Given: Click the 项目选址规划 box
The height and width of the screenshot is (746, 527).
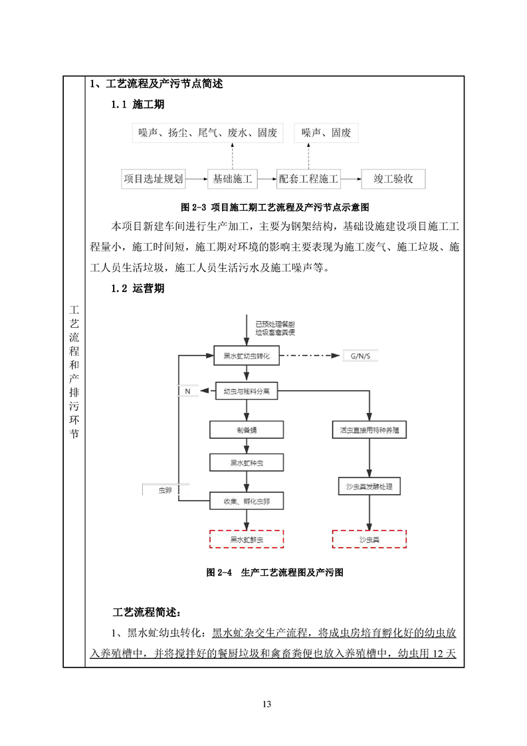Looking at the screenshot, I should click(x=154, y=179).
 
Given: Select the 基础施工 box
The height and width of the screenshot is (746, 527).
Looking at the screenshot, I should click(x=232, y=179).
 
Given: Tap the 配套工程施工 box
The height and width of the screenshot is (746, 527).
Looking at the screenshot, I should click(x=309, y=179).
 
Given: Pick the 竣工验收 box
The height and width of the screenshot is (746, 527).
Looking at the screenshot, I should click(x=393, y=179).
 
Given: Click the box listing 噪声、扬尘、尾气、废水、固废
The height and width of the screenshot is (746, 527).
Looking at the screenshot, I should click(x=207, y=133).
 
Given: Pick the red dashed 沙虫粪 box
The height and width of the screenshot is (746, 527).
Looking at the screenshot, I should click(x=369, y=539).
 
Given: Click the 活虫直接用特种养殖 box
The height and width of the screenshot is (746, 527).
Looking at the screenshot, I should click(x=369, y=430).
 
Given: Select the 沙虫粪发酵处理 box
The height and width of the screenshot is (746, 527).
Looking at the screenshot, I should click(x=369, y=487).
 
